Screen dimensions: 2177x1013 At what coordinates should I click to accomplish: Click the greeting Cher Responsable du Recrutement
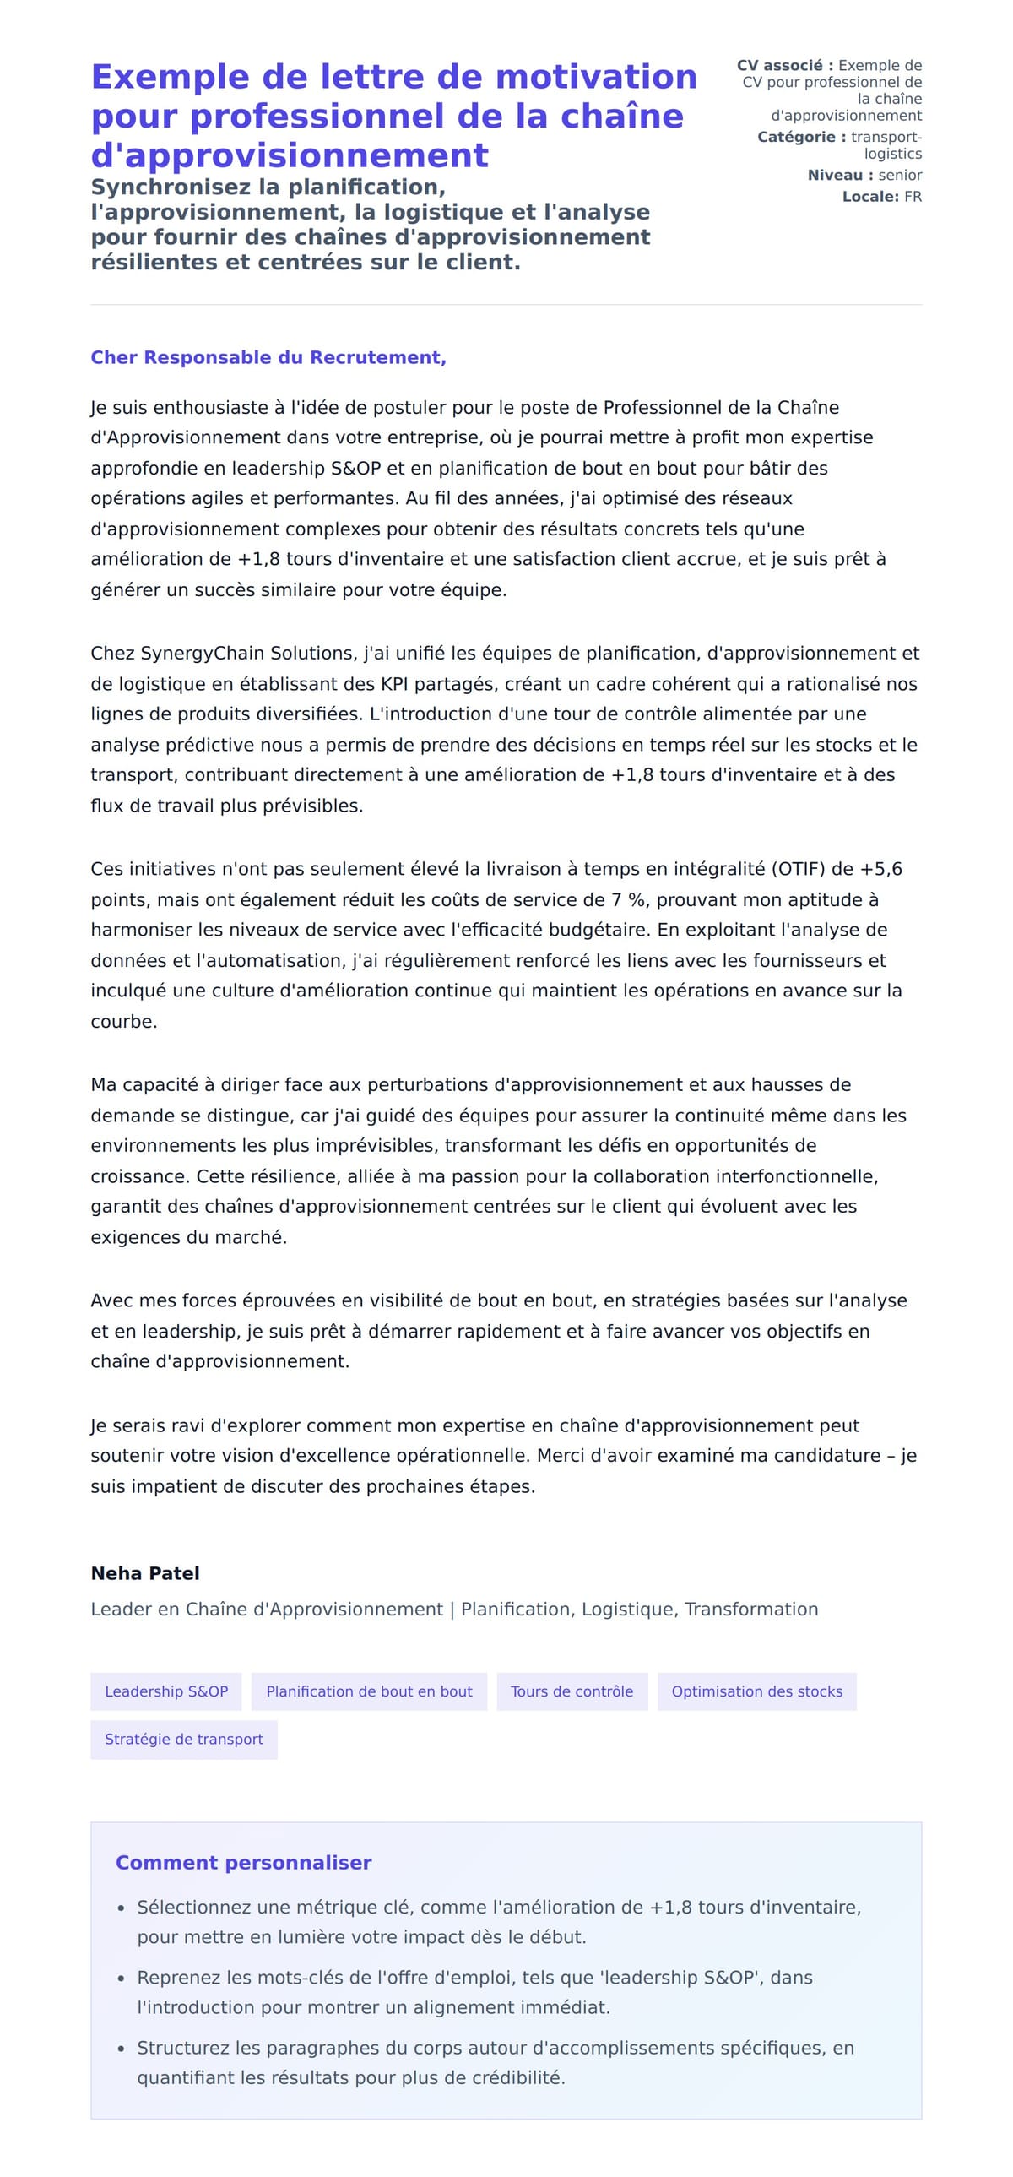click(x=268, y=357)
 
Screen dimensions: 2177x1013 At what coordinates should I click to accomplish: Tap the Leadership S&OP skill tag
click(x=166, y=1691)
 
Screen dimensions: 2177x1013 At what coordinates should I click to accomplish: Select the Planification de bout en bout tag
click(x=369, y=1691)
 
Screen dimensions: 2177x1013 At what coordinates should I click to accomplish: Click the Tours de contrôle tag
click(x=572, y=1691)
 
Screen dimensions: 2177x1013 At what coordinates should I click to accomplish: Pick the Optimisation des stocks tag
click(x=756, y=1691)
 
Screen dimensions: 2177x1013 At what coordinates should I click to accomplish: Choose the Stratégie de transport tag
click(x=184, y=1740)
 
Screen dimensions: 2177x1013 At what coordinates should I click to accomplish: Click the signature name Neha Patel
click(x=145, y=1572)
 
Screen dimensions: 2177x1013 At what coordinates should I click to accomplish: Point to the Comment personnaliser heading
click(x=243, y=1863)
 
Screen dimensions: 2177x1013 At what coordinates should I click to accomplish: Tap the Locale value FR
click(x=913, y=197)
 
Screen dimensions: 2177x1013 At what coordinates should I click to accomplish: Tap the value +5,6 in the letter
click(x=880, y=869)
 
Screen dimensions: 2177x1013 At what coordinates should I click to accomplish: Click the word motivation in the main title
click(x=596, y=77)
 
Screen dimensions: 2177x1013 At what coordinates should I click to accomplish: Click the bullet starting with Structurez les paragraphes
click(x=495, y=2062)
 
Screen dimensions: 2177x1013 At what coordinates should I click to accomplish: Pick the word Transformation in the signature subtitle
click(x=751, y=1609)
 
